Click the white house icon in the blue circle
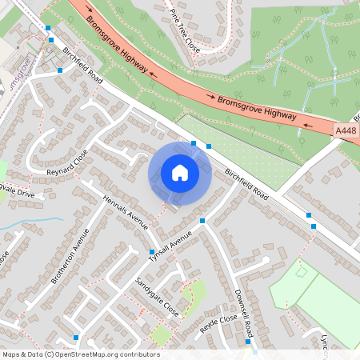click(x=179, y=173)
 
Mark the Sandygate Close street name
click(x=157, y=296)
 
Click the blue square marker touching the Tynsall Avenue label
click(x=152, y=252)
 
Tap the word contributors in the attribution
click(x=138, y=354)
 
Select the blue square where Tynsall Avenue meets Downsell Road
click(x=202, y=220)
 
